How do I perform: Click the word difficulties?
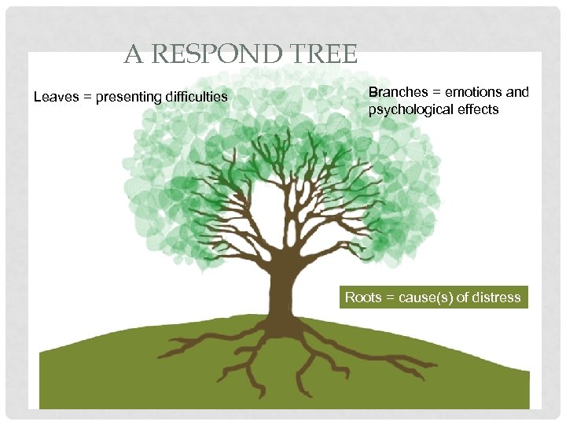pos(197,97)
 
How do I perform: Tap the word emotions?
pos(473,92)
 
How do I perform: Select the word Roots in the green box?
pos(362,297)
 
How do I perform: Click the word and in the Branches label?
pos(517,92)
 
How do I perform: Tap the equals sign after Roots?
pos(389,297)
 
